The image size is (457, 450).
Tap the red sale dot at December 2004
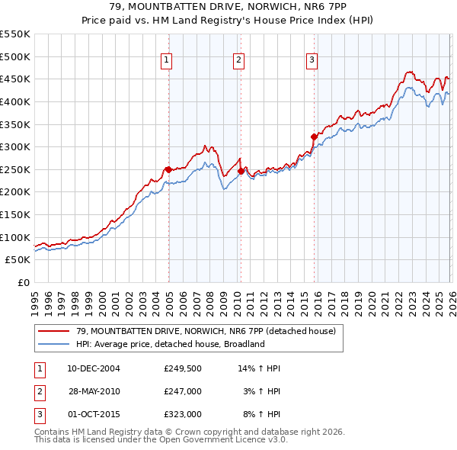click(x=168, y=169)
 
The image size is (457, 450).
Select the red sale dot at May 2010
click(x=241, y=171)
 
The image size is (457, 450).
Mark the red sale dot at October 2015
click(x=314, y=137)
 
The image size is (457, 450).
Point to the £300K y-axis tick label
click(x=16, y=146)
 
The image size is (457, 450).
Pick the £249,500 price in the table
click(x=182, y=368)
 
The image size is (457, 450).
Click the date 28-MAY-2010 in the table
click(x=94, y=391)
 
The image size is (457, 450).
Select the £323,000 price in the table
click(x=182, y=414)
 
